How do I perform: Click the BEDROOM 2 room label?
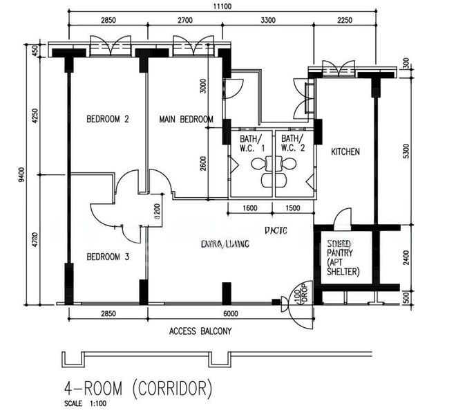[x=107, y=119]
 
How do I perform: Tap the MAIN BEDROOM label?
[x=186, y=119]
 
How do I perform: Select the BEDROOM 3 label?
[x=107, y=257]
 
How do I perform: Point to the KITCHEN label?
[x=345, y=151]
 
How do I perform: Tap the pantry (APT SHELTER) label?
[x=343, y=257]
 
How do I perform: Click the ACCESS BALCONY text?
[x=200, y=331]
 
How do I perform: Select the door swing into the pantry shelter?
[x=342, y=219]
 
